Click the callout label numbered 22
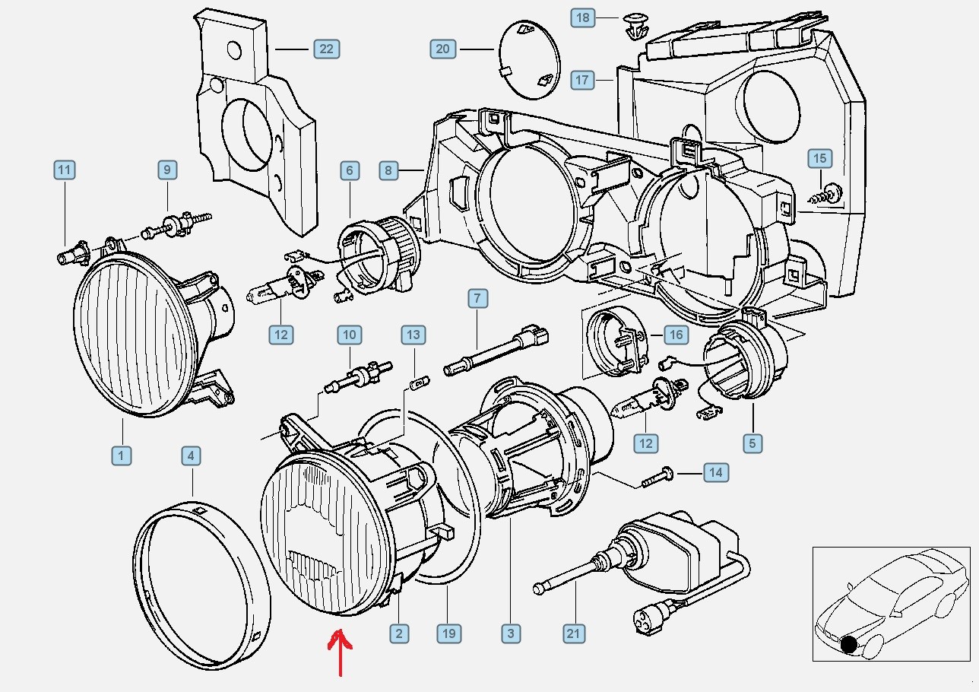[x=326, y=49]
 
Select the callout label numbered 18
[x=582, y=17]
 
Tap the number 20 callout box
[x=442, y=49]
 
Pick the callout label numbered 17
[x=582, y=79]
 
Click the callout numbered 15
[x=819, y=158]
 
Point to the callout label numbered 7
[x=477, y=298]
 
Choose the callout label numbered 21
[x=574, y=633]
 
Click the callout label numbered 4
[x=191, y=456]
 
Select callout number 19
[x=448, y=633]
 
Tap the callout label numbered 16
[x=675, y=334]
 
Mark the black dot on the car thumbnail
[x=849, y=646]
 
